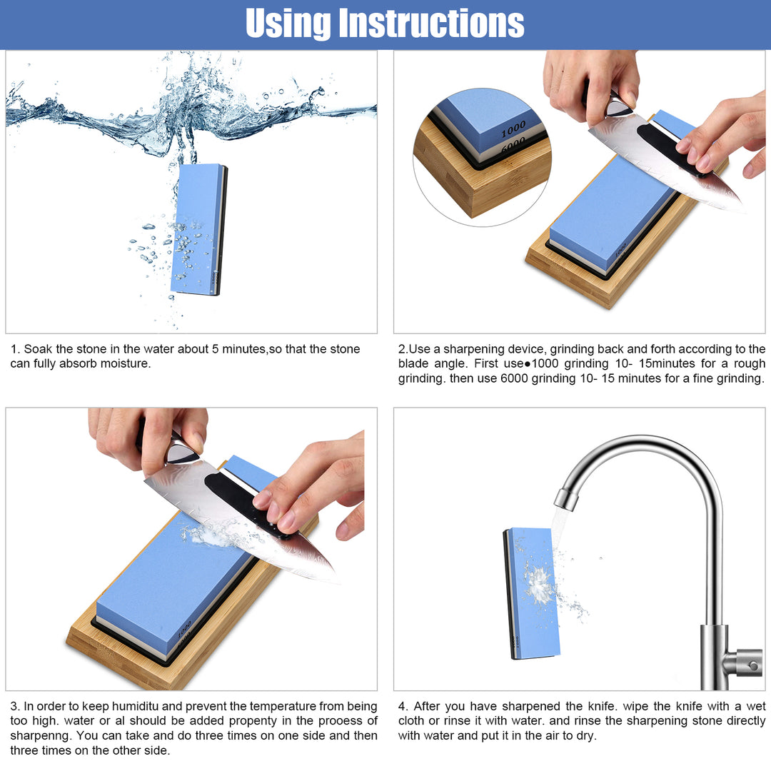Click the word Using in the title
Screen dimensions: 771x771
(288, 24)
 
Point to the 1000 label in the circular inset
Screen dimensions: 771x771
(513, 130)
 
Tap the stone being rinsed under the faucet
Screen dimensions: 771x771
(531, 593)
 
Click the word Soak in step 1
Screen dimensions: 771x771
(38, 349)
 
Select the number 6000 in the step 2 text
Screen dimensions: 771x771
(514, 378)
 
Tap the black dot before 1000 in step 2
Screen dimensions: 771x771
(528, 365)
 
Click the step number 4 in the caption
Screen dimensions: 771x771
(402, 707)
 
